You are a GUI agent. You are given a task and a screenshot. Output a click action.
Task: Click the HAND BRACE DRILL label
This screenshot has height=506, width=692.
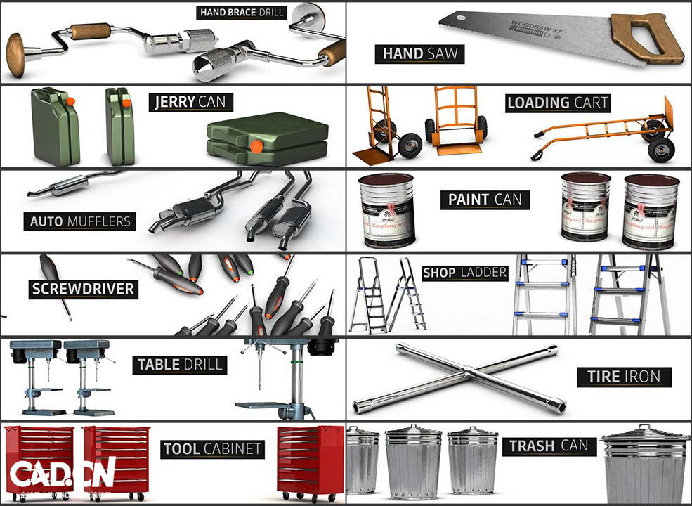242,12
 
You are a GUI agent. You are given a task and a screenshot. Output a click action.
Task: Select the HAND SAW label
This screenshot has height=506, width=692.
419,53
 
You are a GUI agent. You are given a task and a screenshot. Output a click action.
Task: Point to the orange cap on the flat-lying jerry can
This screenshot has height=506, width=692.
256,147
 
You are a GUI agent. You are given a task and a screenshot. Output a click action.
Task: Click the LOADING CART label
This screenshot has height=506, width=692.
558,103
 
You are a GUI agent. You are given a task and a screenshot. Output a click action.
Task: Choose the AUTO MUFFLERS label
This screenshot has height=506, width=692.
80,221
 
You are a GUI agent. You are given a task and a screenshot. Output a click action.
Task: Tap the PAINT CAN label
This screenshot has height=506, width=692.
485,200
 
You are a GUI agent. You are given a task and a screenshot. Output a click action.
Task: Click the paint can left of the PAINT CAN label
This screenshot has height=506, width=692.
386,209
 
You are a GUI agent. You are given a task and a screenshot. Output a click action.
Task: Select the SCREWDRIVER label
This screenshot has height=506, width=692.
83,288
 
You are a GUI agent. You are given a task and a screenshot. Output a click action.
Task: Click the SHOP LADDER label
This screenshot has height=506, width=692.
464,273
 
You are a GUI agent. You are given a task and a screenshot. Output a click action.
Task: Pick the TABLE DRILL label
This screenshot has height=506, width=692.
180,364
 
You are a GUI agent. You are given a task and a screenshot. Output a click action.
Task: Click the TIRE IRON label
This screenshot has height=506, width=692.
624,377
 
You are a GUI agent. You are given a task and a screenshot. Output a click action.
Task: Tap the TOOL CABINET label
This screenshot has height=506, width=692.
212,448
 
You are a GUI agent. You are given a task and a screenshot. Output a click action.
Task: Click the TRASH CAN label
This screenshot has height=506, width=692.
549,446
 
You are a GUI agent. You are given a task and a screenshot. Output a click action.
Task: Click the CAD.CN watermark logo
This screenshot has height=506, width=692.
62,475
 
